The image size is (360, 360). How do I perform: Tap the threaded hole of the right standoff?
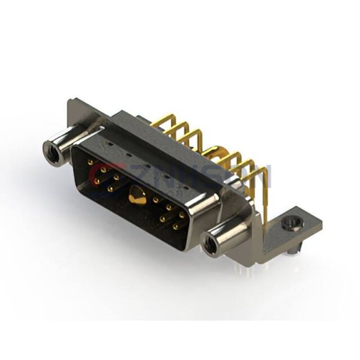(x=209, y=245)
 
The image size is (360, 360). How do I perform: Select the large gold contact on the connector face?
(x=137, y=196)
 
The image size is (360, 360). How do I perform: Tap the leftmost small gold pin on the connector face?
(x=90, y=163)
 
